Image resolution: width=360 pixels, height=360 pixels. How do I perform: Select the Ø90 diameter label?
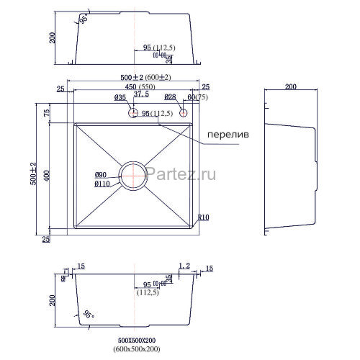coord(101,175)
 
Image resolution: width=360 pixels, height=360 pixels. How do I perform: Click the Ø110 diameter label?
coord(102,184)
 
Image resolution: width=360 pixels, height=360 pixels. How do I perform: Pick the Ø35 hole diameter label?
coord(120,96)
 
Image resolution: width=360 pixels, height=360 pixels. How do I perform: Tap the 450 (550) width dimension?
coord(131,87)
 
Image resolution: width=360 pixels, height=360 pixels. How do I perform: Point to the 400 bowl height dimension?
coord(46,175)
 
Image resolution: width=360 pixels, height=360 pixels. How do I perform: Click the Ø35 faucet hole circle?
coord(133,112)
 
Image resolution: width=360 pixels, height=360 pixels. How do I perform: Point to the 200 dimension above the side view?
coord(290,87)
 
